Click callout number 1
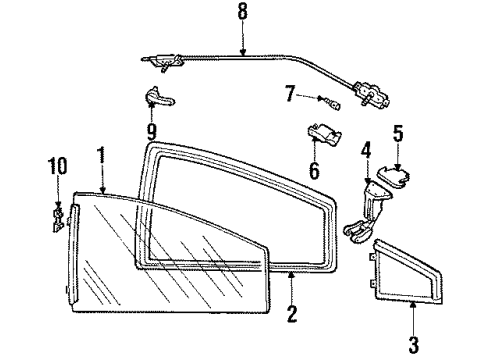click(100, 157)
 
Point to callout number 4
click(365, 153)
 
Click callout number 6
click(313, 171)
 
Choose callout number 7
click(289, 96)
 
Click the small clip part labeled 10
click(57, 217)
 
